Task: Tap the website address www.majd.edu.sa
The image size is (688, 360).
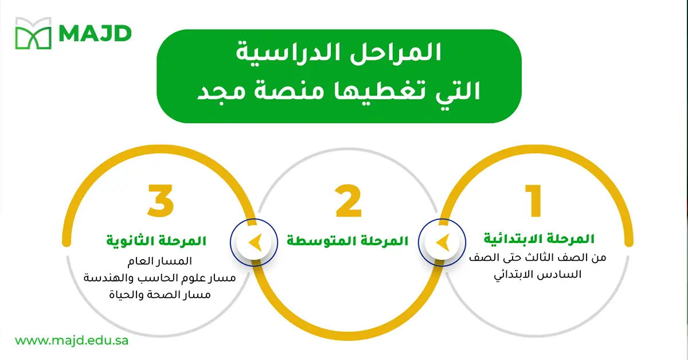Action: tap(72, 341)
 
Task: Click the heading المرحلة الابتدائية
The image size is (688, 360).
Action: tap(540, 238)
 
